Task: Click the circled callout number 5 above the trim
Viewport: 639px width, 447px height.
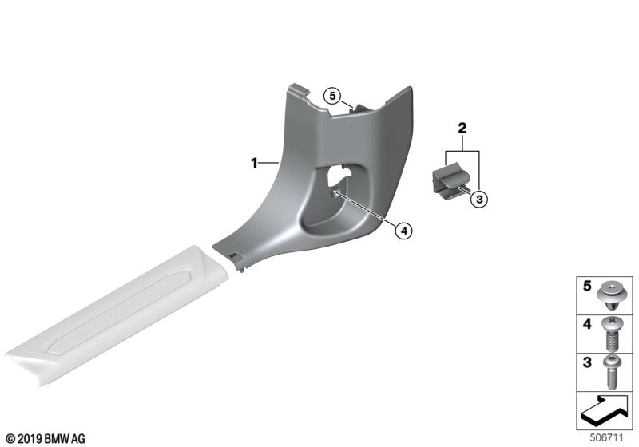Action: (332, 96)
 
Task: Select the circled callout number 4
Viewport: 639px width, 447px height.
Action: (403, 231)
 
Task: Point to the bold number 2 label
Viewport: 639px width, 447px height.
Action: (462, 129)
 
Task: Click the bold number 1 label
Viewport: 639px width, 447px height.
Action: (254, 164)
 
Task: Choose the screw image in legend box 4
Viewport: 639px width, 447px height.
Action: (611, 334)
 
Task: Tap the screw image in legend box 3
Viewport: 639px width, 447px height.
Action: (611, 372)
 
